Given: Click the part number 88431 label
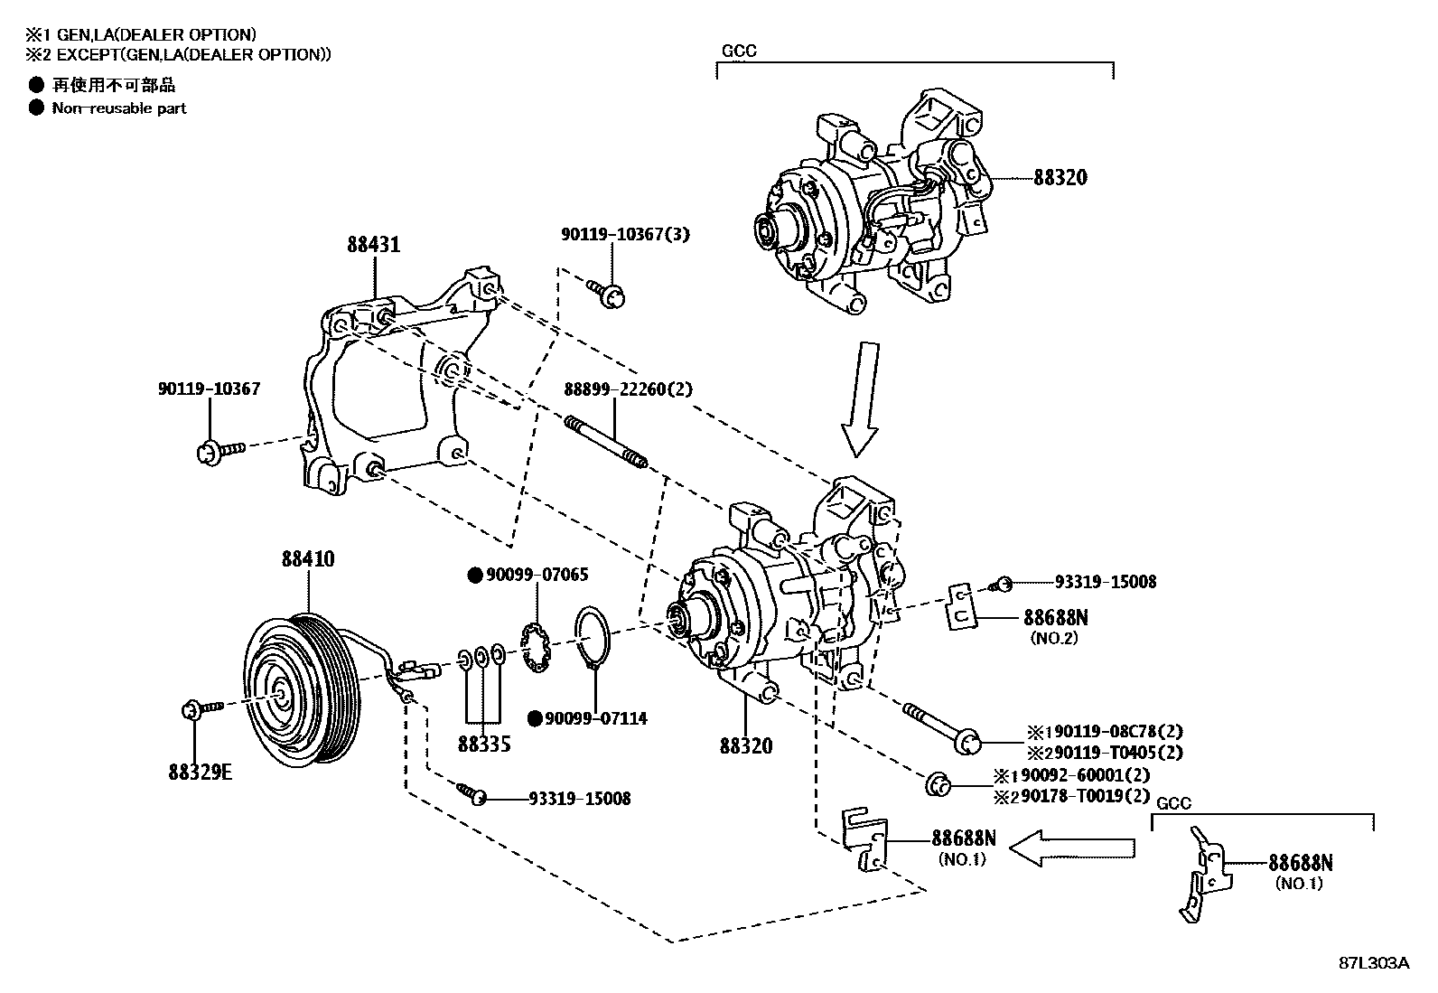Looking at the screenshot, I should click(373, 244).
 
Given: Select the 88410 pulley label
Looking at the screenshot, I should click(307, 558).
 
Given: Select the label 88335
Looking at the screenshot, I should click(484, 744).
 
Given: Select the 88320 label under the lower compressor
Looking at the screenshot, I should click(746, 745).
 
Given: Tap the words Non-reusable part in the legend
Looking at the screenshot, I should click(119, 108).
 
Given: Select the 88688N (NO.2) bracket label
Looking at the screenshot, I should click(1055, 618).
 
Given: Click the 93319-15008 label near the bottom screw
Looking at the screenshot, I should click(579, 799).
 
